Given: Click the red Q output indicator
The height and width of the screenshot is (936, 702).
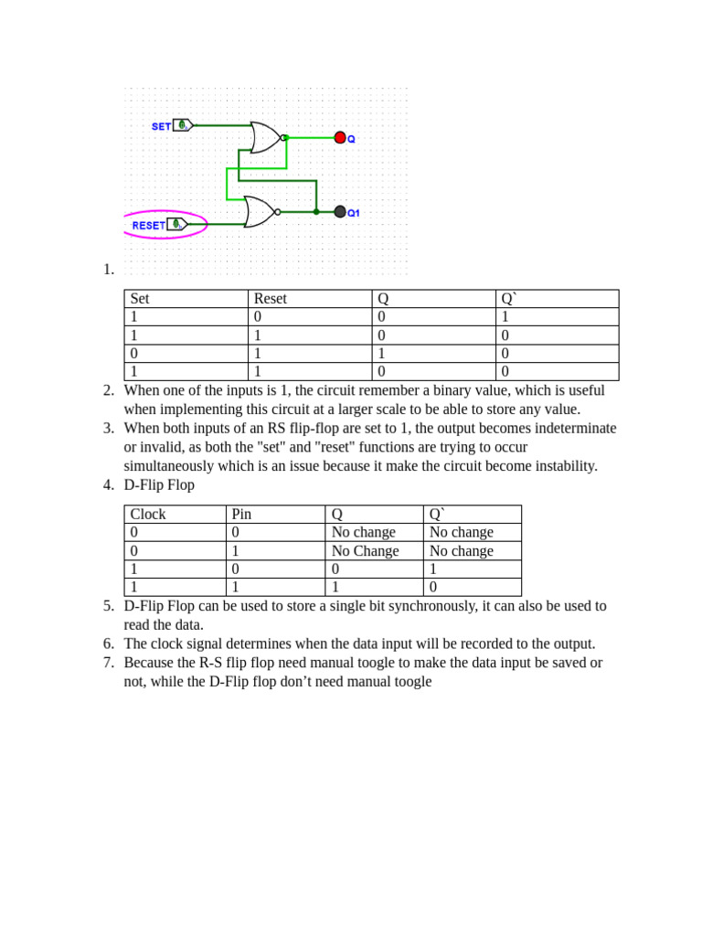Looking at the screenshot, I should coord(340,138).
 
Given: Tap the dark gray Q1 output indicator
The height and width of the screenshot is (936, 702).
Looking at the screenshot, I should coord(340,211).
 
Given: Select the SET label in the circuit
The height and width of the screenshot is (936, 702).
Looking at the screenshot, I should coord(161,126).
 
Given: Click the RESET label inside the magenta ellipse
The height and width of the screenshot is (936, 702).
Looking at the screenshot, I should coord(149,225).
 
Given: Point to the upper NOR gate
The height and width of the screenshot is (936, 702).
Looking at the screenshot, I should coord(266,138).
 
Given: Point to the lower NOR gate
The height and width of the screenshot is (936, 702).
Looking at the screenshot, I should coord(260,211).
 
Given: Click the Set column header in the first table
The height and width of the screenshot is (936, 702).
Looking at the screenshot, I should coord(140,299).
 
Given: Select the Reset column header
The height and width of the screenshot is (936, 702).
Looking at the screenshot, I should coord(271,299).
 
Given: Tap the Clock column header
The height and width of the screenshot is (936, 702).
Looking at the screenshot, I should coord(148,515).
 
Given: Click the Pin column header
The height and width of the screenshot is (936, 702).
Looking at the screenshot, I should coord(241,515).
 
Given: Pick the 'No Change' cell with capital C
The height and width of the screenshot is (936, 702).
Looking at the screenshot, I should coord(365,551).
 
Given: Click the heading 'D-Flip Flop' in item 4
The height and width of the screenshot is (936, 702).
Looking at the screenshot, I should coord(159,484).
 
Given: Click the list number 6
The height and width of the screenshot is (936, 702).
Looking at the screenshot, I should coord(109,643).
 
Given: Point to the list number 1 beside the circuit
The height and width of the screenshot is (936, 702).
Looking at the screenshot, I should coord(109,269).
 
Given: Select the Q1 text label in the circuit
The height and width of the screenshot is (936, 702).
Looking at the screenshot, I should coord(354,213).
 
